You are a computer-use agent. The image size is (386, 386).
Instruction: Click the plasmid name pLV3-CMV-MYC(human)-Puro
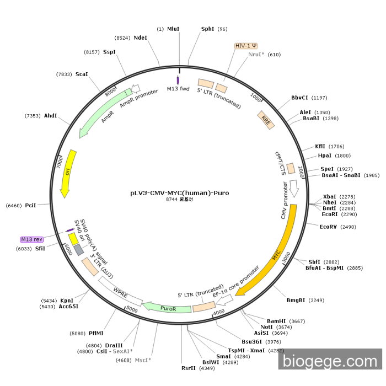[179, 193]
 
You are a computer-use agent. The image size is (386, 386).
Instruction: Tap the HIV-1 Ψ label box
[246, 46]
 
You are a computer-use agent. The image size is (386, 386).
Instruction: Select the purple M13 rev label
[31, 239]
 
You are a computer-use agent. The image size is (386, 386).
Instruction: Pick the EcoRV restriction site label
[329, 227]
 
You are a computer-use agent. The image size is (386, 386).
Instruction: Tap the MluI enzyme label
[173, 29]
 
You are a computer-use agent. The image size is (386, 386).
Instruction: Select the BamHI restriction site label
[276, 321]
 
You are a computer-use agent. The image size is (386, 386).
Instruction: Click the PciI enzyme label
[30, 205]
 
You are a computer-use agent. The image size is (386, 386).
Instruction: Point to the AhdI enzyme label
[50, 116]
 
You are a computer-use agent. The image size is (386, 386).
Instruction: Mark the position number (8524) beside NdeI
[122, 37]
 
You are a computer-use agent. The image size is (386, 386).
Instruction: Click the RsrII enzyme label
[189, 368]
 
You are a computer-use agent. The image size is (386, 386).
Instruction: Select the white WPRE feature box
[120, 291]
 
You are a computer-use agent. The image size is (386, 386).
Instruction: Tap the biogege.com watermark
[330, 362]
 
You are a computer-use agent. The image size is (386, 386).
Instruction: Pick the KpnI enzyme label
[67, 301]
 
